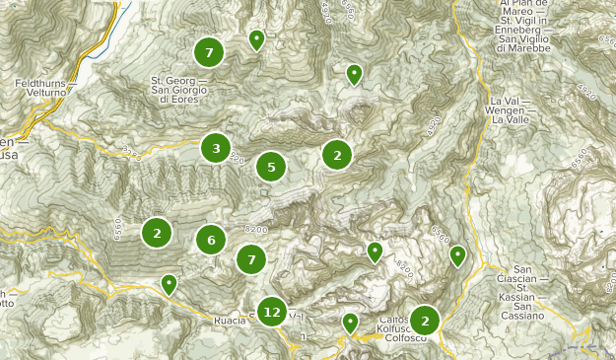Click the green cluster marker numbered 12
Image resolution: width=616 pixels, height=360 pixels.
tap(272, 313)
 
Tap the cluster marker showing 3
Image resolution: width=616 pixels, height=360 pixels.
tap(216, 149)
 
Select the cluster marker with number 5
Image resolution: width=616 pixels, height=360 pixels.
tap(271, 167)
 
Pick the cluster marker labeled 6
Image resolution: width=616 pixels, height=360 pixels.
tap(211, 240)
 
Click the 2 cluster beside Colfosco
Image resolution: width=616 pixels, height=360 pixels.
tap(425, 321)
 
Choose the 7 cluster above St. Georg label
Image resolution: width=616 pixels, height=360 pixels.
tap(209, 52)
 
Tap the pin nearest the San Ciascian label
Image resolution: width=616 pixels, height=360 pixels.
tap(457, 256)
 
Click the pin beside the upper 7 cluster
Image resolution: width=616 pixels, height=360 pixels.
tap(256, 39)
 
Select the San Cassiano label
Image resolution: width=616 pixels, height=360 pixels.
tap(515, 315)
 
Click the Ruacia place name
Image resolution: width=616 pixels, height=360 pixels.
tap(229, 321)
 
